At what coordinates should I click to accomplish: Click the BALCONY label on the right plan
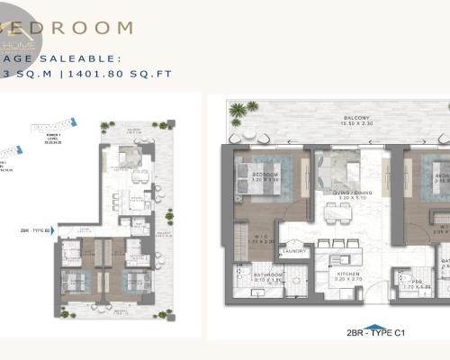click(337, 117)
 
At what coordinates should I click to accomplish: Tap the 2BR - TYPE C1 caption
click(377, 332)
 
